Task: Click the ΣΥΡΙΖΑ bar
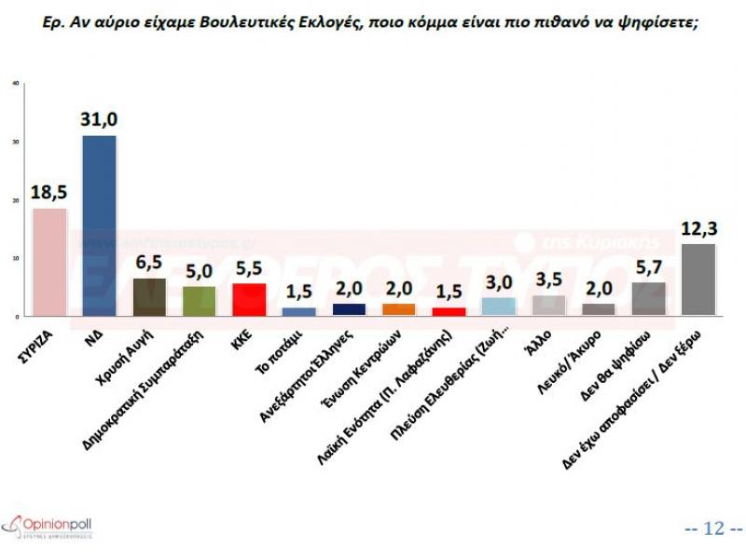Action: pos(49,262)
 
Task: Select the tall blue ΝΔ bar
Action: pos(99,225)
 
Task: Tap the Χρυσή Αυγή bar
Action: pos(149,297)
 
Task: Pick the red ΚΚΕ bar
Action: pos(249,300)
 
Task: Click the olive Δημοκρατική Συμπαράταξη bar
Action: pos(199,301)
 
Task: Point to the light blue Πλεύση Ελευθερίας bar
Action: pos(499,307)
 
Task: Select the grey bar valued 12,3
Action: pos(699,279)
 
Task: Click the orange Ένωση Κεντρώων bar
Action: pos(399,309)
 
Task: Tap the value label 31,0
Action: pos(99,119)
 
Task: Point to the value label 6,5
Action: pos(150,263)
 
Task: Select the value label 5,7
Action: pos(649,267)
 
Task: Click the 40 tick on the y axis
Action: pos(15,84)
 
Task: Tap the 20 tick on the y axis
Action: pos(15,200)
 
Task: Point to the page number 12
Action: pos(713,528)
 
